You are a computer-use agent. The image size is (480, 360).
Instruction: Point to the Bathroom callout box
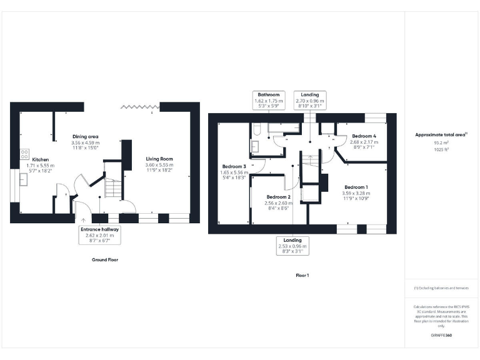pos(268,101)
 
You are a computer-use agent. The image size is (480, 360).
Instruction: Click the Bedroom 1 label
pos(356,187)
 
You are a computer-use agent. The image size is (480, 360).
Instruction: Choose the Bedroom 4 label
pos(364,136)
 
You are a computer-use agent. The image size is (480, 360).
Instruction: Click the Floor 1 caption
pos(302,275)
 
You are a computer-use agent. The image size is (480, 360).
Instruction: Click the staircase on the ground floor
pos(112,187)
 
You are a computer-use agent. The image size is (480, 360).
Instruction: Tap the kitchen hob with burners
pos(25,153)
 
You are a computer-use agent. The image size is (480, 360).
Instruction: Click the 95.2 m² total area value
pos(441,142)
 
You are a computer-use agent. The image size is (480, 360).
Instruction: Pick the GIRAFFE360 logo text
pos(441,336)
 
